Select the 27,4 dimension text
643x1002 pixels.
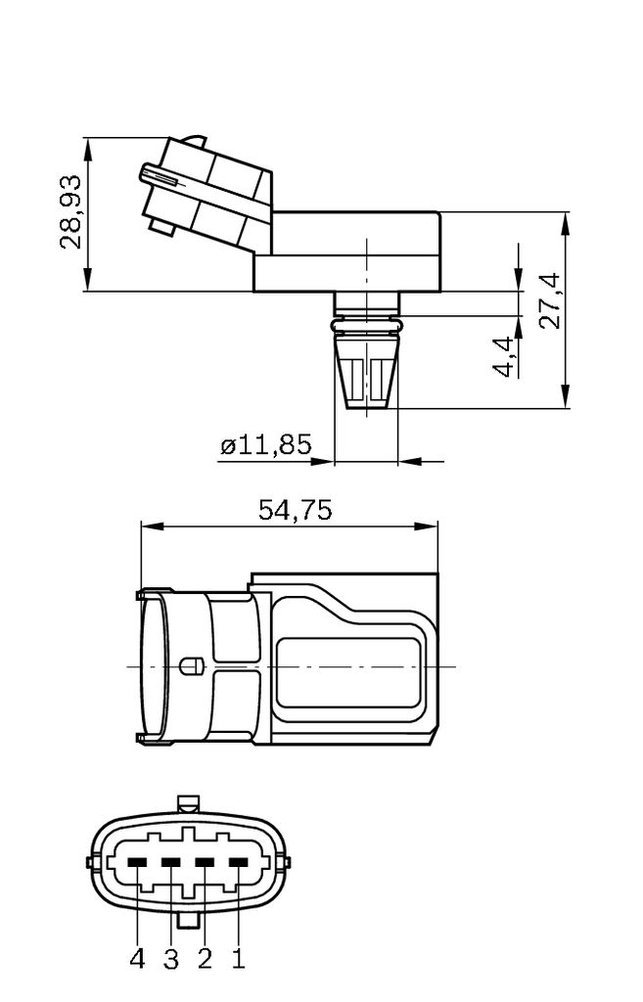(550, 300)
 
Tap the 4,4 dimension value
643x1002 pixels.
(504, 357)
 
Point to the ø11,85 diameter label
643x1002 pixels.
(265, 446)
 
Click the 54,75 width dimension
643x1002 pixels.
(295, 510)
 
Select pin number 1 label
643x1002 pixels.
(238, 960)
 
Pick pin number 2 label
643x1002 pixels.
(205, 960)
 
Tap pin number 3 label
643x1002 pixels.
(171, 960)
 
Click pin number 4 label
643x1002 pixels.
(137, 960)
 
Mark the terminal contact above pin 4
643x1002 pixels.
(138, 862)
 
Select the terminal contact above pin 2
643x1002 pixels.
(206, 862)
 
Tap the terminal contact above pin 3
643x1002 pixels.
(171, 862)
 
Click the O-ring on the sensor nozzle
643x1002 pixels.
(367, 322)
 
